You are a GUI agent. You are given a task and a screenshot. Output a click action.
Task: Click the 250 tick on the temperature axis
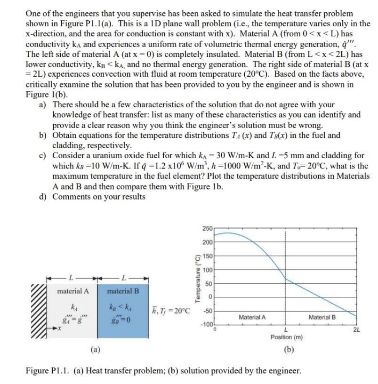207,228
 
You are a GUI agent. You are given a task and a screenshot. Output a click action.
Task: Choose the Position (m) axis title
286,337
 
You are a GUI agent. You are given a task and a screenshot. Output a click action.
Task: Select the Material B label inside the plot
322,317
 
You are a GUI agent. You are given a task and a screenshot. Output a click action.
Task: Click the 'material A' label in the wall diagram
72,291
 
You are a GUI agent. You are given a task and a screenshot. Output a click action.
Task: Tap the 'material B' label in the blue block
123,291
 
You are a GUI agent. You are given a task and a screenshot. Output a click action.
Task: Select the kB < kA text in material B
123,306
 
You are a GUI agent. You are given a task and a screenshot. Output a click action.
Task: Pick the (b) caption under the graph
286,350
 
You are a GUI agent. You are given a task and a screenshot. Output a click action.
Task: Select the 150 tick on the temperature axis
207,256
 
